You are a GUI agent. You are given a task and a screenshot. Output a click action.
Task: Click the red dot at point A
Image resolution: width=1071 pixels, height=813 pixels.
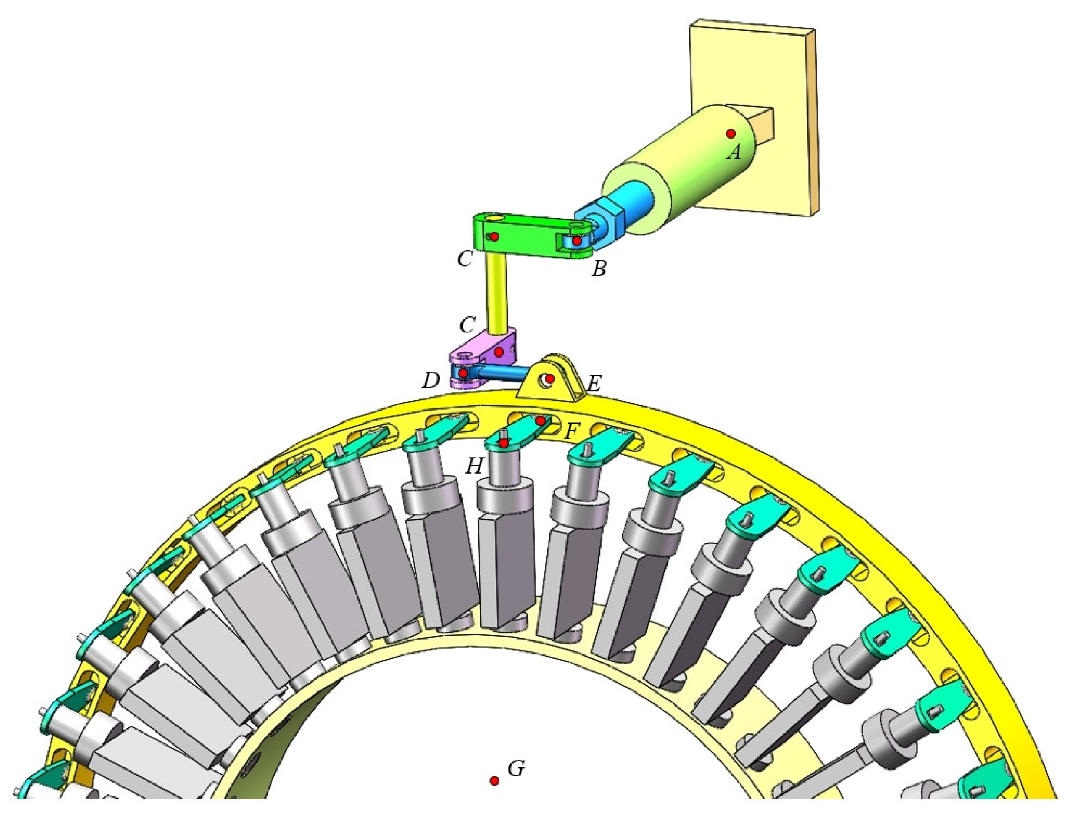(731, 133)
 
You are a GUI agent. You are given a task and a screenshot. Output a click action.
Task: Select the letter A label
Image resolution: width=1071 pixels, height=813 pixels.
(735, 153)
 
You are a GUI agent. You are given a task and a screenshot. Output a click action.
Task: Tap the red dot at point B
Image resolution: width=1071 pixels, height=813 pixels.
(577, 240)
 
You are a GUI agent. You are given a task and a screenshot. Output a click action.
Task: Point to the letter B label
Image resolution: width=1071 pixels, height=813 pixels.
(599, 269)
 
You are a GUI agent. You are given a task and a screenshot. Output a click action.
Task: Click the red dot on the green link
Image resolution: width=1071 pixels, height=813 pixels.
(494, 236)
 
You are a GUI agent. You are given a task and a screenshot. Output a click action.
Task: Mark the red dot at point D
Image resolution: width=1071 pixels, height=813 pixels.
(463, 373)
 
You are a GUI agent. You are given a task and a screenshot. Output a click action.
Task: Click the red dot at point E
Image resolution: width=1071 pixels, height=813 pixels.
(549, 378)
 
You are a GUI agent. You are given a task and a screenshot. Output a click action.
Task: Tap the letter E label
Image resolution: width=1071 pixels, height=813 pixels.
(594, 384)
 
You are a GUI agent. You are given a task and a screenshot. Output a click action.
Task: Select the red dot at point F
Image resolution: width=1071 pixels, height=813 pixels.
(540, 421)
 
